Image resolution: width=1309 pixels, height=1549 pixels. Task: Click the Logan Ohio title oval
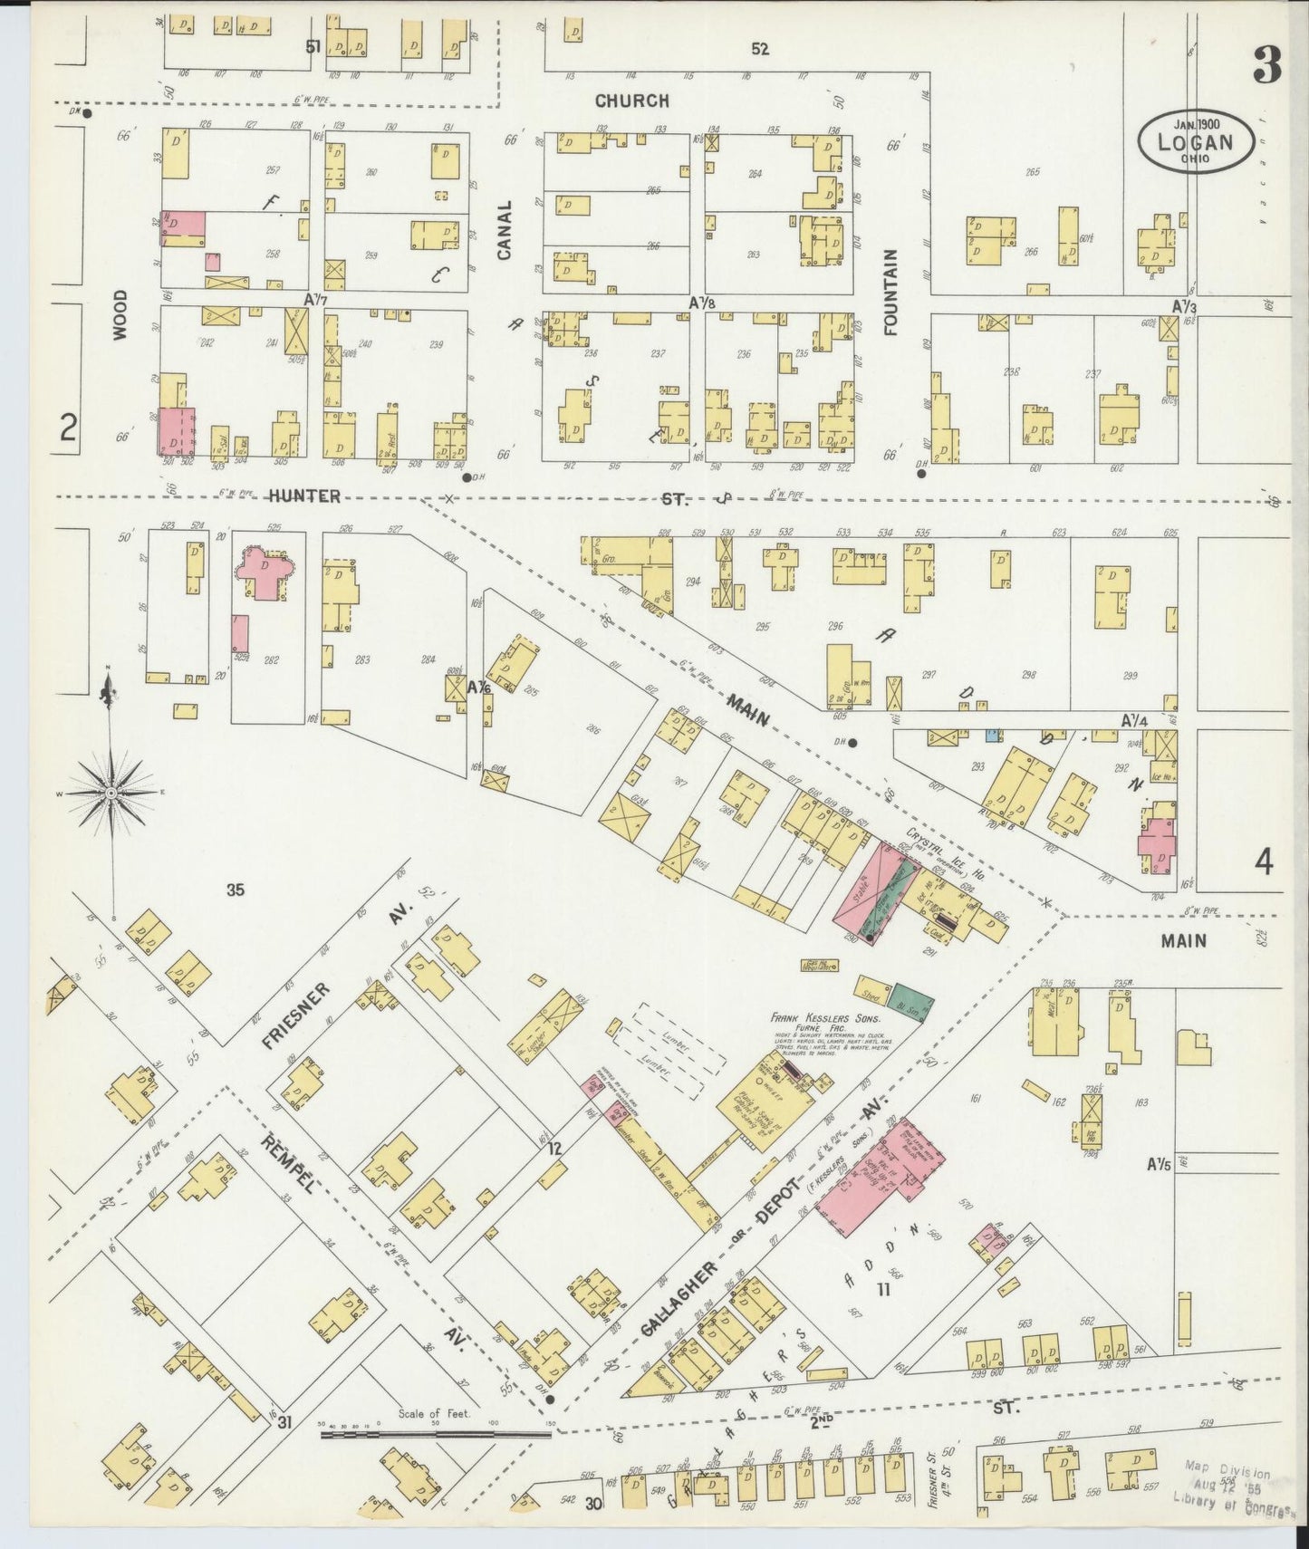1197,140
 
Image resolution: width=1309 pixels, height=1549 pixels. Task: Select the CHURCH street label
632,101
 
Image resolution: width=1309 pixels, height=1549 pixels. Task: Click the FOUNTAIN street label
891,293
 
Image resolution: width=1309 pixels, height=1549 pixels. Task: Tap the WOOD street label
121,314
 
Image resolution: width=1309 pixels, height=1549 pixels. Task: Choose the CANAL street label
505,230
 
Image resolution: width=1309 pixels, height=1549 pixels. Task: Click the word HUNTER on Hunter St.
304,495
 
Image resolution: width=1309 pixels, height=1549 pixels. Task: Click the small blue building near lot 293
993,736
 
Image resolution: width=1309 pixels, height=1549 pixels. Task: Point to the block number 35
236,890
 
